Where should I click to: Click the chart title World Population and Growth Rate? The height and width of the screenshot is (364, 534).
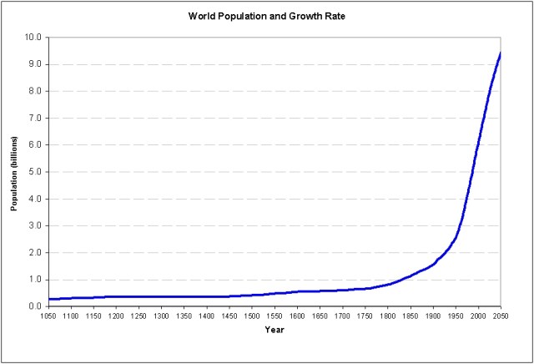coord(267,16)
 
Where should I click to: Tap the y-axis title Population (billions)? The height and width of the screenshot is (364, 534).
coord(14,172)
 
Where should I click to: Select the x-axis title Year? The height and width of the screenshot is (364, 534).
coord(275,329)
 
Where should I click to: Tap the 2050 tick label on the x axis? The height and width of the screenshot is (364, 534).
coord(501,316)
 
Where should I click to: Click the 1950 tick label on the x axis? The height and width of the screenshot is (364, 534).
coord(456,316)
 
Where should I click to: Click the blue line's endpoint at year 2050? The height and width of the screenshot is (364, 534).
coord(501,53)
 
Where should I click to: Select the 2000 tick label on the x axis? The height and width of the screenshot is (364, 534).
coord(478,316)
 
